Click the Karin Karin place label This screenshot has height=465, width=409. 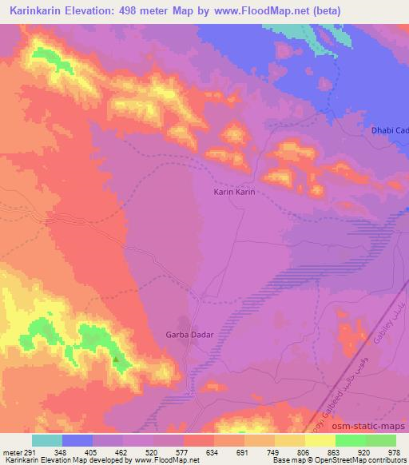tap(234, 192)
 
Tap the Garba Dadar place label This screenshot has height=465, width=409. tap(189, 335)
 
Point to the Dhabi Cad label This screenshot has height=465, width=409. tap(391, 130)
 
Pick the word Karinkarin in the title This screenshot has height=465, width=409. tap(38, 10)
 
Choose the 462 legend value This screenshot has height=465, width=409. tap(122, 451)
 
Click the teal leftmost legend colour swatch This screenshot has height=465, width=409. tap(46, 439)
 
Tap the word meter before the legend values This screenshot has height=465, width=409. tap(11, 451)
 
